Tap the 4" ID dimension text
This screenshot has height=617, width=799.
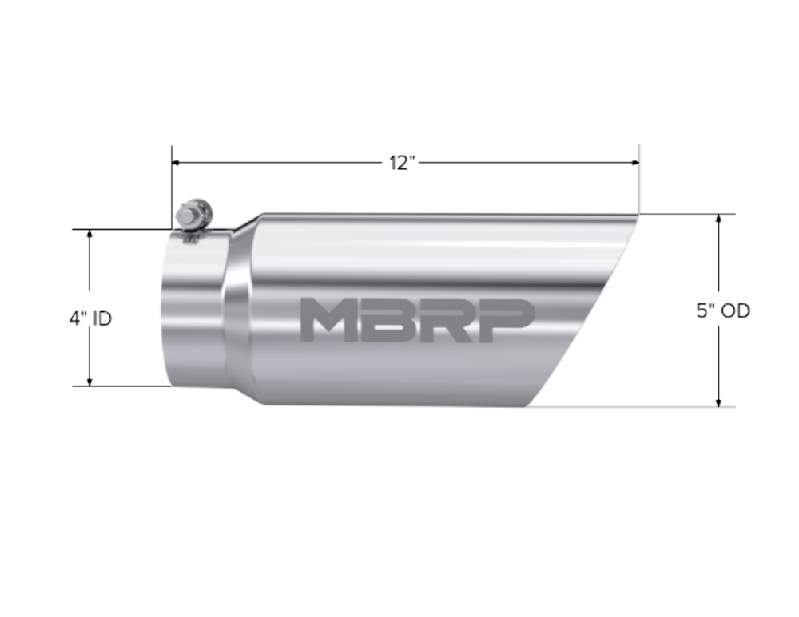[89, 318]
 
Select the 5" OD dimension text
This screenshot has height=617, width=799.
[723, 311]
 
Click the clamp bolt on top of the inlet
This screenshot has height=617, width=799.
[193, 216]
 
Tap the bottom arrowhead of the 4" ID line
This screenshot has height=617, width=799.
[89, 381]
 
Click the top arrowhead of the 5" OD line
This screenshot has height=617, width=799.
[719, 219]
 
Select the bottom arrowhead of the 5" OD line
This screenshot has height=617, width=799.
[719, 402]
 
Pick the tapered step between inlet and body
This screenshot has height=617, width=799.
[240, 311]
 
